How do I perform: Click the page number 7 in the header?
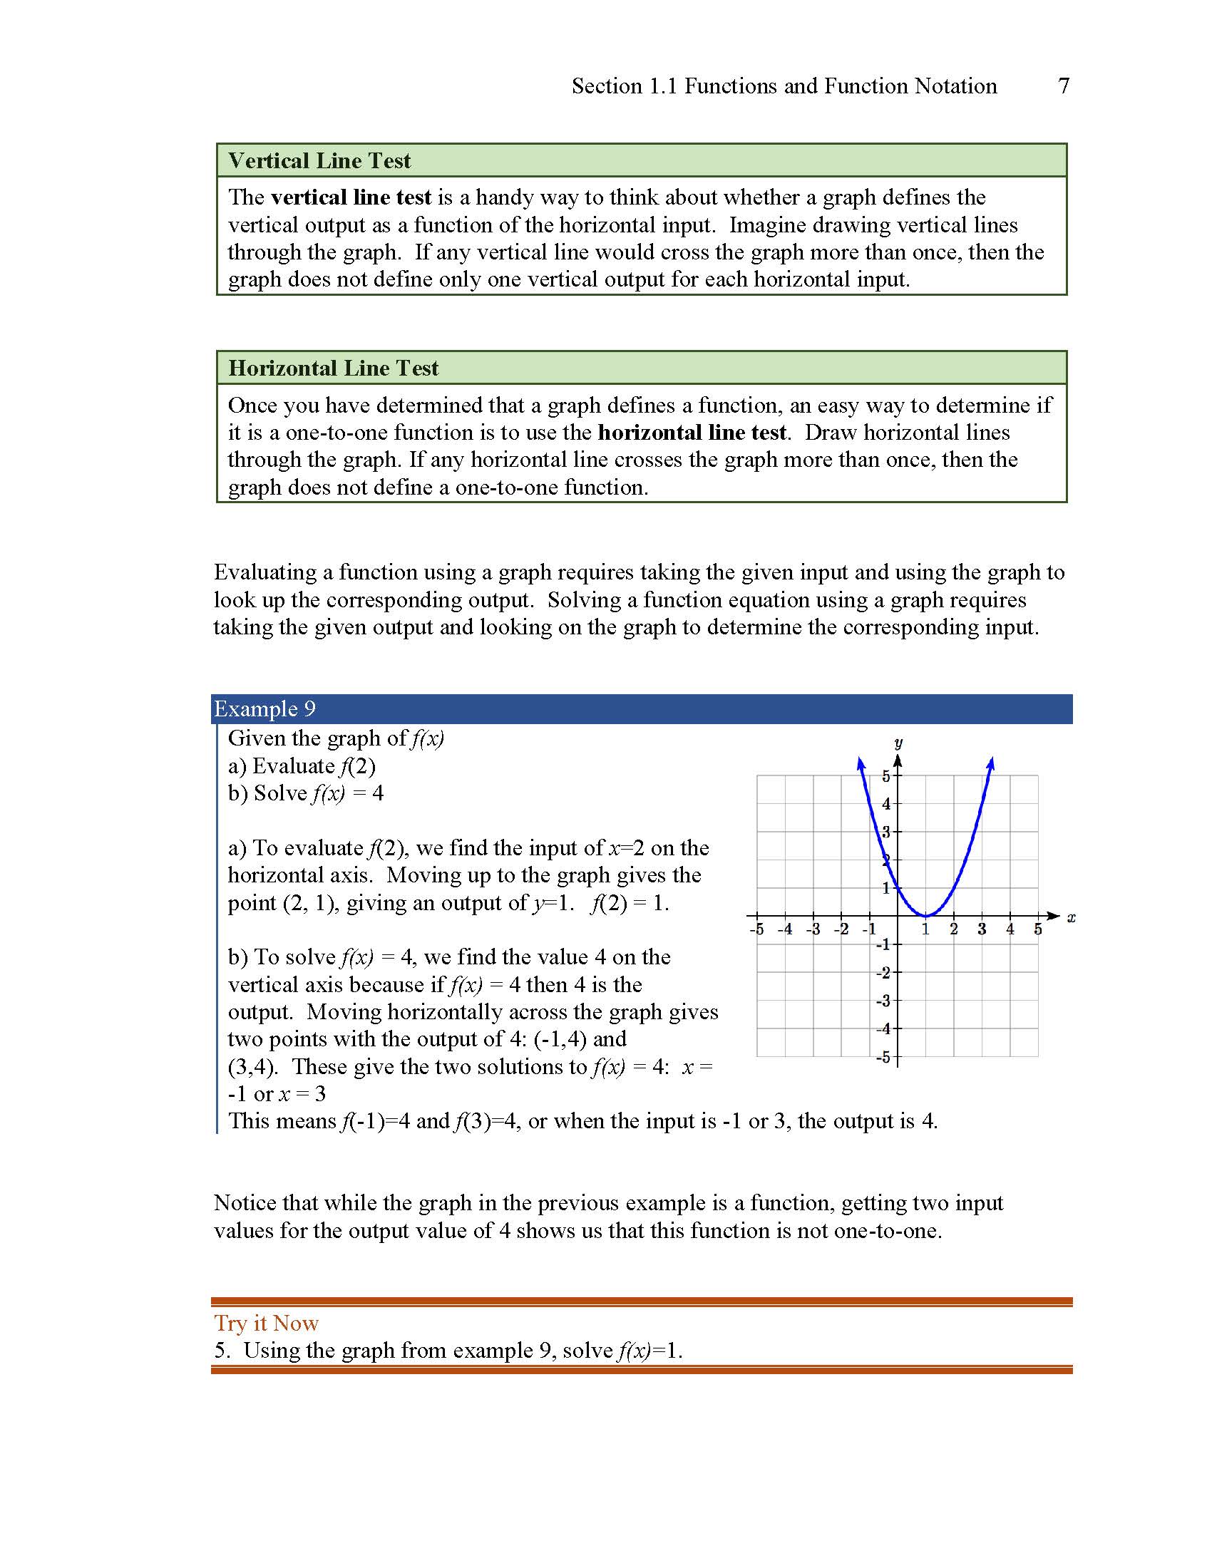click(1064, 86)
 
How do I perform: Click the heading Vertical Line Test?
click(319, 161)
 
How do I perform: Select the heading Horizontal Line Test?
click(333, 368)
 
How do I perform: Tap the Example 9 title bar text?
click(265, 709)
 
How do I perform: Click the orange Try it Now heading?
click(267, 1324)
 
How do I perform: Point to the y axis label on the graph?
click(898, 743)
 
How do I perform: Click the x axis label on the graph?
click(1072, 917)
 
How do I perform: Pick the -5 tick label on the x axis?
click(756, 929)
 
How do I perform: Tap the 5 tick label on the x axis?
click(1037, 929)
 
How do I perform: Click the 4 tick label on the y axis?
click(886, 804)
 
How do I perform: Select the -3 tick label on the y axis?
click(883, 1001)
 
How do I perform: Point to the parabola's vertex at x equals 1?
click(926, 915)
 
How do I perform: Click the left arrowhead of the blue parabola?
click(861, 763)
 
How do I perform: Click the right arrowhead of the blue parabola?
click(991, 763)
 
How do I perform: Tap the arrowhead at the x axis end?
click(1054, 916)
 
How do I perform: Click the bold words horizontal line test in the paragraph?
click(692, 433)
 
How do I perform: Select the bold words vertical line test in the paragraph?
click(351, 197)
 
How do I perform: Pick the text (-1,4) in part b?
click(561, 1039)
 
